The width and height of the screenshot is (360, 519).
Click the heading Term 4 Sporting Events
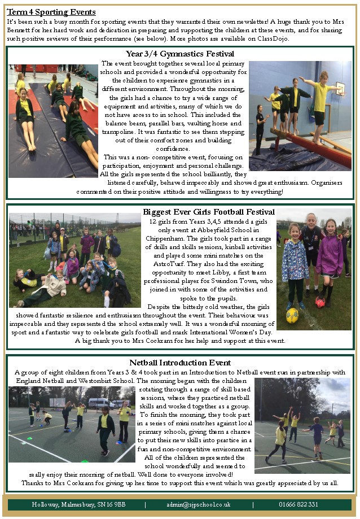(x=51, y=12)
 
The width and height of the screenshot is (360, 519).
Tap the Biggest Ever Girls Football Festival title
(x=208, y=212)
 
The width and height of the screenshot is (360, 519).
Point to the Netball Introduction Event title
(x=179, y=363)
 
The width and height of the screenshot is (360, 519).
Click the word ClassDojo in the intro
(x=273, y=38)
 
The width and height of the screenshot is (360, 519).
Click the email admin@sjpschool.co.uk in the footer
(x=199, y=504)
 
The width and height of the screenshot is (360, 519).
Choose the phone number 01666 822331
(x=298, y=504)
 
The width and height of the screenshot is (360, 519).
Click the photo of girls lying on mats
(x=52, y=120)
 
